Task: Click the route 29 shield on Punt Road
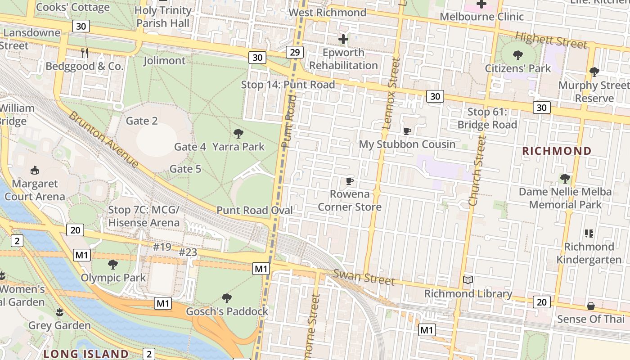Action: pyautogui.click(x=294, y=53)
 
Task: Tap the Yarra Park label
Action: pyautogui.click(x=238, y=147)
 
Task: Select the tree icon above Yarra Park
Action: pyautogui.click(x=238, y=133)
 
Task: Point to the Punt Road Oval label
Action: pyautogui.click(x=255, y=210)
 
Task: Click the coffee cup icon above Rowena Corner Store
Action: pyautogui.click(x=349, y=181)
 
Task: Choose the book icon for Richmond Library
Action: pyautogui.click(x=468, y=280)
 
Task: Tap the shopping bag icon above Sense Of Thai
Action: pyautogui.click(x=591, y=306)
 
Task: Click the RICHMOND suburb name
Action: pyautogui.click(x=557, y=151)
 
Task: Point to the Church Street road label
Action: pyautogui.click(x=477, y=172)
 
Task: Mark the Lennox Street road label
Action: pyautogui.click(x=391, y=93)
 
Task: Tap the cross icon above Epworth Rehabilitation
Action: pyautogui.click(x=343, y=39)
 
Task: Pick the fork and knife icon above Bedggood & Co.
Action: pyautogui.click(x=85, y=53)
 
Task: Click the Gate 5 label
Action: pyautogui.click(x=185, y=169)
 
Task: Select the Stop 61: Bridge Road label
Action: pyautogui.click(x=487, y=118)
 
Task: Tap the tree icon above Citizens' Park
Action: pyautogui.click(x=518, y=55)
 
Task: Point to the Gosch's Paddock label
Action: pyautogui.click(x=227, y=311)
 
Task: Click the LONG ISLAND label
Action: pyautogui.click(x=86, y=354)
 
